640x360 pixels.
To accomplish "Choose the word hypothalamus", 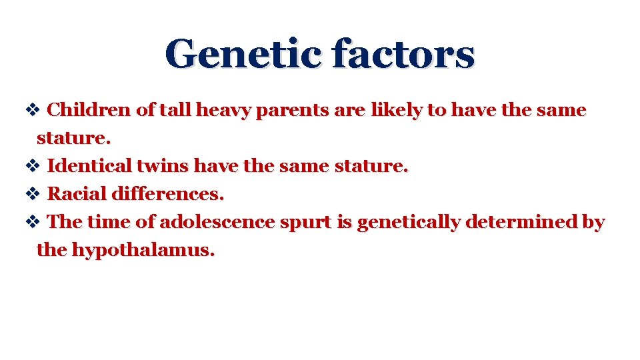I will [143, 251].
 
